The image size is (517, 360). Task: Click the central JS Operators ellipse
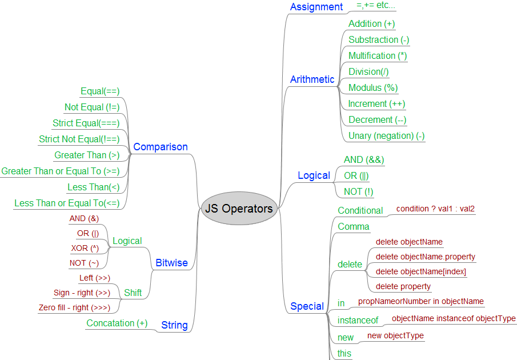point(239,209)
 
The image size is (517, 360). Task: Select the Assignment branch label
point(316,7)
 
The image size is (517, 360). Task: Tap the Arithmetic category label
point(312,79)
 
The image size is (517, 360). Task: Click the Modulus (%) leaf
point(373,87)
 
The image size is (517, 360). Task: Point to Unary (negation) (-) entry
point(387,135)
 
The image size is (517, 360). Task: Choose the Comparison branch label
point(160,147)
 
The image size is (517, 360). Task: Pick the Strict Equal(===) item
point(86,123)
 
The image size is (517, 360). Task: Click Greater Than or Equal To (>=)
point(60,171)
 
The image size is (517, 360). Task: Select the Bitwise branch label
point(171,263)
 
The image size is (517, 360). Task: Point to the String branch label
point(174,325)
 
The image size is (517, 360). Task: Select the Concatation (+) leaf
point(117,323)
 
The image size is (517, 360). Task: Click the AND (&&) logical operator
point(363,159)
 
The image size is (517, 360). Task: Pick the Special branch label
point(307,306)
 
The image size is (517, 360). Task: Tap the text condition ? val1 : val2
point(435,209)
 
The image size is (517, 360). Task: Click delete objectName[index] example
point(420,271)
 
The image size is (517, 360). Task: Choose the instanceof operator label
point(358,320)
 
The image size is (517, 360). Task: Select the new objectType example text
point(395,335)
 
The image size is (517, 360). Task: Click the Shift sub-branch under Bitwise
point(133,293)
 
